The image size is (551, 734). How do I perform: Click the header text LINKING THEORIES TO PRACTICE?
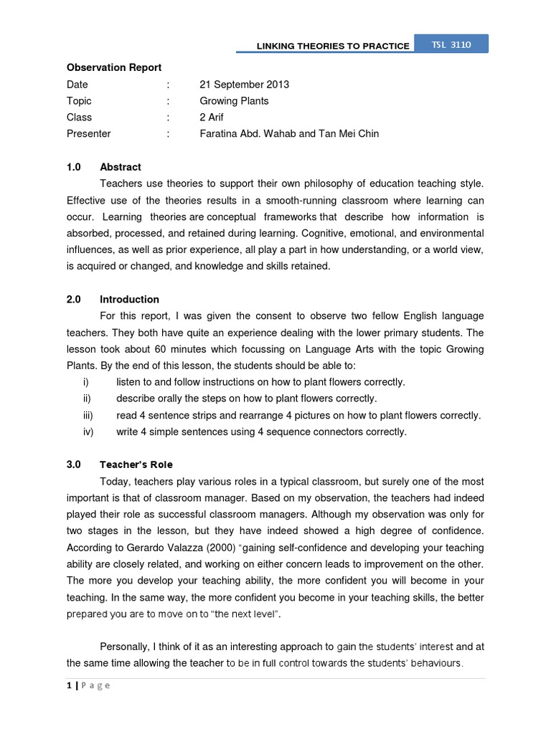tap(333, 47)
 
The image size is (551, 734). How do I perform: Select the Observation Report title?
tap(114, 68)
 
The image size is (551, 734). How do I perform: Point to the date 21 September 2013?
tap(244, 85)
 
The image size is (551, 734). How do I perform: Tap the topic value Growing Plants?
tap(234, 101)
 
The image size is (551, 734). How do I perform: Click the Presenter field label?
tap(89, 133)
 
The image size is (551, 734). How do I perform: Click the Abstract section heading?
tap(121, 167)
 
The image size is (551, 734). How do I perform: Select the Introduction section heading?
tap(129, 300)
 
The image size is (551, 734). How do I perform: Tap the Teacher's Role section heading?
tap(136, 464)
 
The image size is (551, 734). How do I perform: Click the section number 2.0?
tap(75, 300)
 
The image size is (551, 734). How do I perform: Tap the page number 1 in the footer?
tap(69, 685)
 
